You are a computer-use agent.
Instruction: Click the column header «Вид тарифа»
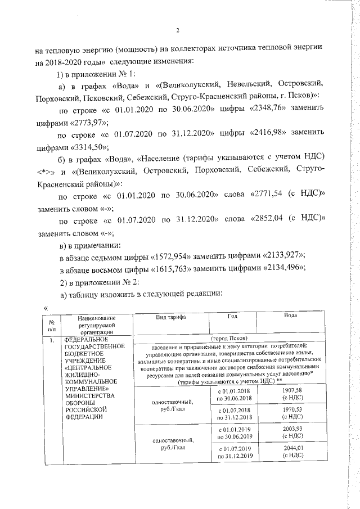[170, 318]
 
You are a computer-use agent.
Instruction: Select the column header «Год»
[232, 317]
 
